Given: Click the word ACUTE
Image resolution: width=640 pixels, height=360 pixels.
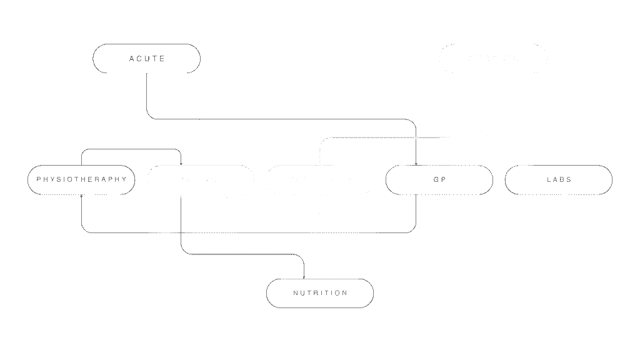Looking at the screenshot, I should click(147, 59).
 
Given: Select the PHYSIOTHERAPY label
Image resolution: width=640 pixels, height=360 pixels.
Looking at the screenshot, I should click(81, 179).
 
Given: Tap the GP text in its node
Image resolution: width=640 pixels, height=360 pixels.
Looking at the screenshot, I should click(439, 179).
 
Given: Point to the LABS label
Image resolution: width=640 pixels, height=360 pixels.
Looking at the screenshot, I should click(559, 179).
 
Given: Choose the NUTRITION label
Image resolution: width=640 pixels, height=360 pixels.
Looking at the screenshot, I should click(320, 293).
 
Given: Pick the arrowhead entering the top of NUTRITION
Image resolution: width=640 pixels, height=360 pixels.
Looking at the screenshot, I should click(304, 277).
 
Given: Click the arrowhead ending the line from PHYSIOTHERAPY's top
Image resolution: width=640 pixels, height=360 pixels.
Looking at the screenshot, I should click(181, 163).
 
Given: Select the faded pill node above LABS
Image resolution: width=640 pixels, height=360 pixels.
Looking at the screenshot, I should click(493, 59).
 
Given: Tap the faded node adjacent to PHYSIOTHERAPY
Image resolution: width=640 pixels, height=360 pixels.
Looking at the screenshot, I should click(200, 180).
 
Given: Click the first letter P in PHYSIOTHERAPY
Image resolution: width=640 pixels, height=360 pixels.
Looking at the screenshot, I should click(39, 179).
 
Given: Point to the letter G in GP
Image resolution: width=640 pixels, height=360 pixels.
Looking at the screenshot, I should click(436, 179).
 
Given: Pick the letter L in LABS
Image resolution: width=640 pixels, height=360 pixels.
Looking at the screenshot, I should click(548, 179).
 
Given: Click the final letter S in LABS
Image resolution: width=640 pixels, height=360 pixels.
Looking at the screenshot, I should click(569, 179).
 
